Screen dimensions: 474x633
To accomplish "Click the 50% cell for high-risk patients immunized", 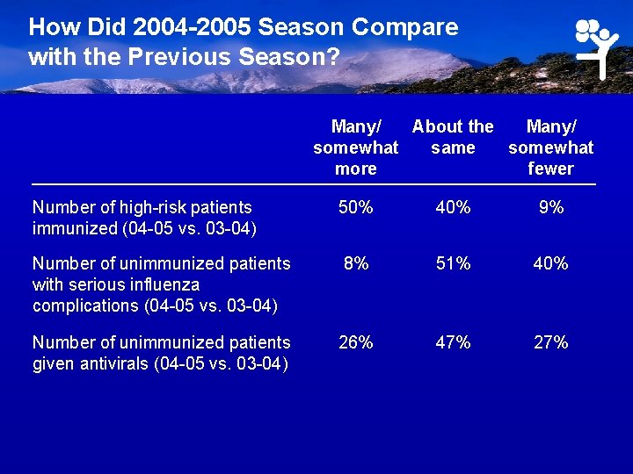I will [355, 208].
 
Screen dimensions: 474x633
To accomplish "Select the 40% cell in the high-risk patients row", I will [453, 208].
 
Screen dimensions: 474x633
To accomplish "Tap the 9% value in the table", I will [550, 208].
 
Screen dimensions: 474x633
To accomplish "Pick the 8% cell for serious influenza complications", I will [355, 264].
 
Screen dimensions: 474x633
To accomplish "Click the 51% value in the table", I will [453, 264].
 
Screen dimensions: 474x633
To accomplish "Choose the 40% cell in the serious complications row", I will [550, 264].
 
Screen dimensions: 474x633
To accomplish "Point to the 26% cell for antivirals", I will [355, 342].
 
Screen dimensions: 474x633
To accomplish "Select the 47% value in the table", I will [453, 342].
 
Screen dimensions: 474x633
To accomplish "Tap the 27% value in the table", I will [550, 342].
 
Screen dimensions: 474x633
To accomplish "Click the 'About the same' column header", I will [453, 137].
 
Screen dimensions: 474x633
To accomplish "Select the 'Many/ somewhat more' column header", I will [355, 147].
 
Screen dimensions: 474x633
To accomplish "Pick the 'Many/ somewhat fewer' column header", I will [550, 147].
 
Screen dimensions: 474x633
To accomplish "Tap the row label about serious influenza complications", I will [161, 284].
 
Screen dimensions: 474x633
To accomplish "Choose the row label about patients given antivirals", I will [161, 353].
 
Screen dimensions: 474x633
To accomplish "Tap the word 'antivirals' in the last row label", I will [110, 363].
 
